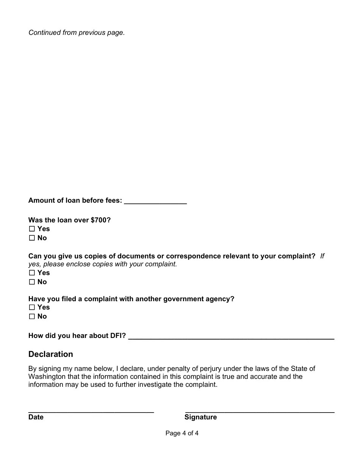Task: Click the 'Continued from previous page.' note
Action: click(77, 33)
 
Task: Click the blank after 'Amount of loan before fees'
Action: click(155, 201)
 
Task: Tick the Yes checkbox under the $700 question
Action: click(32, 229)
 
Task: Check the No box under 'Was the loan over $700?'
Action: click(32, 238)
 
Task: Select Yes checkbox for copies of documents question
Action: click(32, 273)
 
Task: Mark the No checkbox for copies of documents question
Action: click(32, 282)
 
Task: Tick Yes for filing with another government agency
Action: click(32, 307)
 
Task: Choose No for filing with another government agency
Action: click(32, 316)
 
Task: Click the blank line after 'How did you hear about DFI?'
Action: click(231, 336)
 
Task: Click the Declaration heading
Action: click(51, 354)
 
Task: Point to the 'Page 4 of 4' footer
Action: click(182, 433)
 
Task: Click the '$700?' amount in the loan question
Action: click(101, 220)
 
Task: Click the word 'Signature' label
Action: click(200, 417)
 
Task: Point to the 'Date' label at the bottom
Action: click(36, 417)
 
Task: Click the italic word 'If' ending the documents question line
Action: click(322, 256)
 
